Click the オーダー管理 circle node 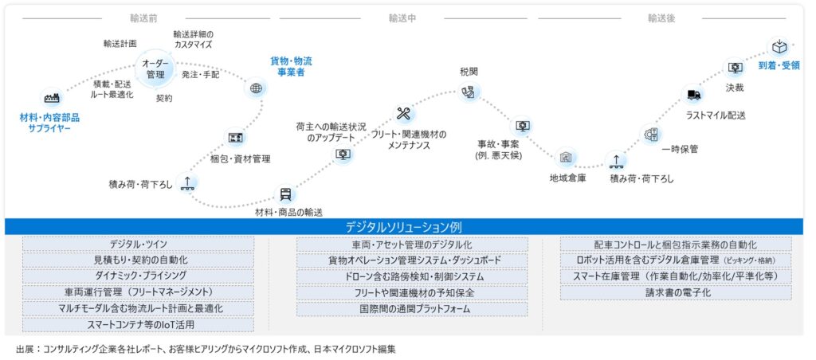pos(155,68)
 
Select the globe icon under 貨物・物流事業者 pos(256,88)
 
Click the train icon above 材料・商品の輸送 pos(285,194)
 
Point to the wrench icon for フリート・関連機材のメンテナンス pos(402,112)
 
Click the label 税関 pos(469,72)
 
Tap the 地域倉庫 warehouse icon pos(566,158)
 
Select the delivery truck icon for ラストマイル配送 pos(693,96)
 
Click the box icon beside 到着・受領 pos(779,47)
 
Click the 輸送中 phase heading pos(403,17)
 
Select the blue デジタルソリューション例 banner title pos(408,227)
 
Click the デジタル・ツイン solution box pos(138,245)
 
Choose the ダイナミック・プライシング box pos(138,276)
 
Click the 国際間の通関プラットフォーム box pos(412,309)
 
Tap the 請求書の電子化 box pos(675,293)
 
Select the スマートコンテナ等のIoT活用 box pos(138,325)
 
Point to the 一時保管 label pos(679,149)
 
